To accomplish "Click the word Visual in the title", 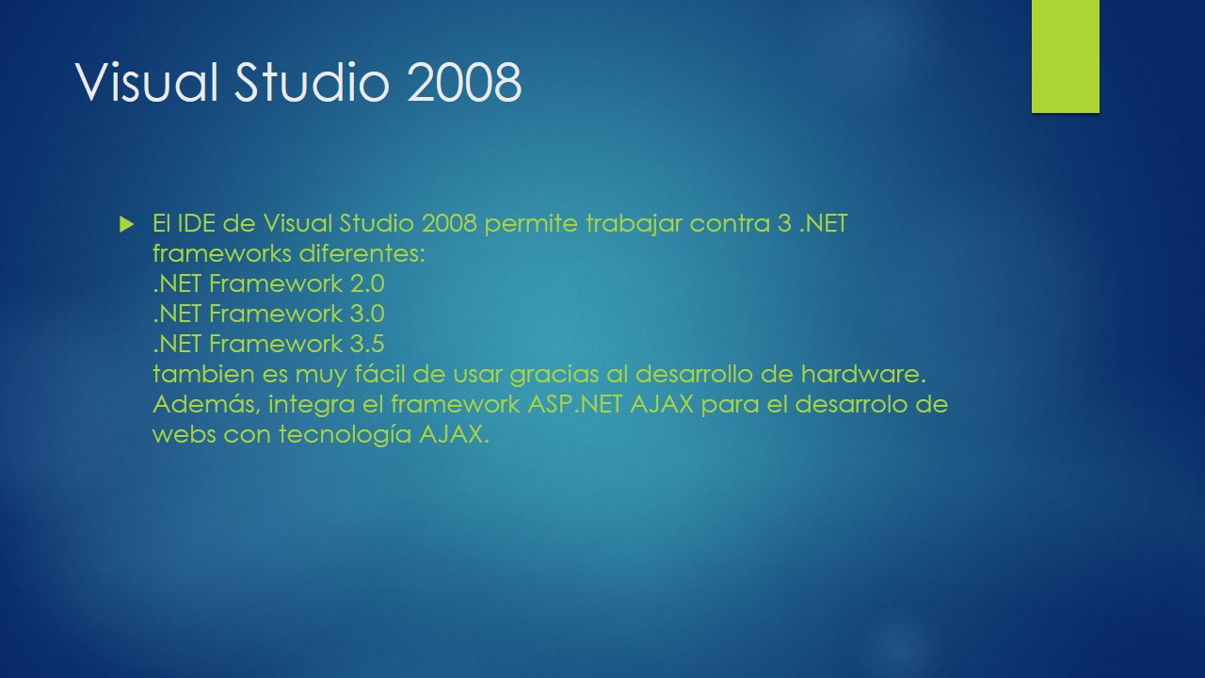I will (x=148, y=83).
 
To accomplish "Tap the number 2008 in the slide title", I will (x=465, y=83).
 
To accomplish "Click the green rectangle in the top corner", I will (x=1065, y=56).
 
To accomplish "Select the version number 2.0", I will (x=366, y=283).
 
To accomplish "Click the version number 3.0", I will (x=366, y=314).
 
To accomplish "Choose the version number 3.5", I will (x=366, y=344).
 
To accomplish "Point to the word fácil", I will (x=380, y=374).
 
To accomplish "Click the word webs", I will (x=185, y=435).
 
